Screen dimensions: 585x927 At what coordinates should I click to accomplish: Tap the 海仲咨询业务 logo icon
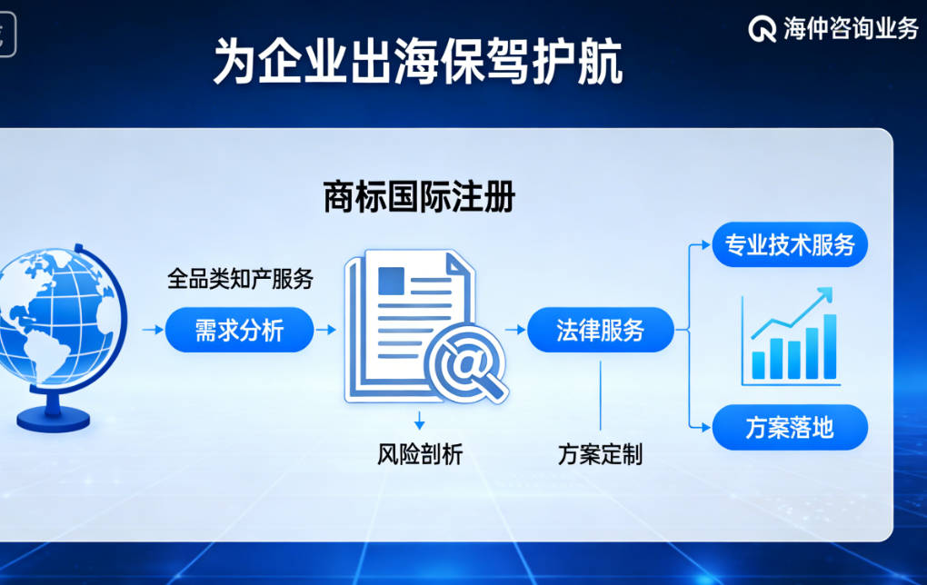click(762, 29)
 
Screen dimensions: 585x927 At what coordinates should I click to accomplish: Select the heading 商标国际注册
click(419, 196)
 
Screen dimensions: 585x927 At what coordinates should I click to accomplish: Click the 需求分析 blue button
click(239, 330)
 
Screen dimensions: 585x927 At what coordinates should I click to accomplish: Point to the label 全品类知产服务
click(240, 279)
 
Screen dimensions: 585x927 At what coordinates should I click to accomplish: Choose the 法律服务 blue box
click(601, 330)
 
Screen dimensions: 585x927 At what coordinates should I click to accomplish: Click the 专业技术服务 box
click(790, 244)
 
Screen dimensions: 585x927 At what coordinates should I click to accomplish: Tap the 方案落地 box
click(790, 427)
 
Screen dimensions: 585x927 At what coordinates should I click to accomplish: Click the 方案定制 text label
click(600, 453)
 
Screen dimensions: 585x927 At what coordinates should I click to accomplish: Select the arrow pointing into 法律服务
click(513, 330)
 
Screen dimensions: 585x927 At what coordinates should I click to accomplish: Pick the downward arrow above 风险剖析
click(419, 421)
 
